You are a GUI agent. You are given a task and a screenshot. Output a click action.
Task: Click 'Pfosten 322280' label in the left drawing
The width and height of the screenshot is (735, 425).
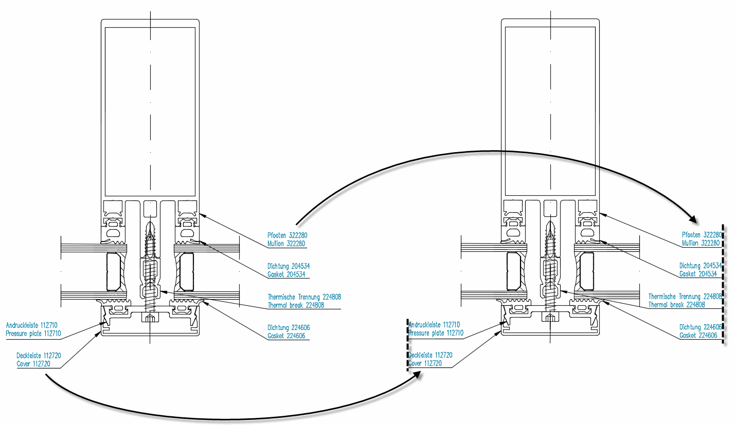[286, 235]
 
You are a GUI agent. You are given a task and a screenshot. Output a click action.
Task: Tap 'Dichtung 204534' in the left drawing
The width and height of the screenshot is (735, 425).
[289, 266]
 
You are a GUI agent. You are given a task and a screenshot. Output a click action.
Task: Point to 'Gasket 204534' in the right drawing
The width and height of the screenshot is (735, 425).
[698, 274]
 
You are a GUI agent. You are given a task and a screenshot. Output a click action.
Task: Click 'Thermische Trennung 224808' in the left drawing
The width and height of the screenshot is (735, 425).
[304, 297]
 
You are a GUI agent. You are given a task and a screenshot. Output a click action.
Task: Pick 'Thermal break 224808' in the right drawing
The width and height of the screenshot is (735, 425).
[676, 305]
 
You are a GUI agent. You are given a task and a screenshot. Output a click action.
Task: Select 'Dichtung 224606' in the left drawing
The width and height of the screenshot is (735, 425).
[289, 327]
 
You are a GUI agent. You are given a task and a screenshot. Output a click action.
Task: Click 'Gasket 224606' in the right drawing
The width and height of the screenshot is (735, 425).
[698, 335]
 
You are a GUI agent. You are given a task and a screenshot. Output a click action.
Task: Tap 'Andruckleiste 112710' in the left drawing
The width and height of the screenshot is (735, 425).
[31, 325]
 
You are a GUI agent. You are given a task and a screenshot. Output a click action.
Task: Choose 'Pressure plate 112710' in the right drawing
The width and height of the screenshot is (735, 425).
[436, 333]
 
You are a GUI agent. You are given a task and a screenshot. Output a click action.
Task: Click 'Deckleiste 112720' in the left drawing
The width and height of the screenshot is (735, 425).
[39, 355]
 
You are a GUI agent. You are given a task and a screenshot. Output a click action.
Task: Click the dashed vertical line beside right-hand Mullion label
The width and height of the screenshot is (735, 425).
[724, 285]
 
